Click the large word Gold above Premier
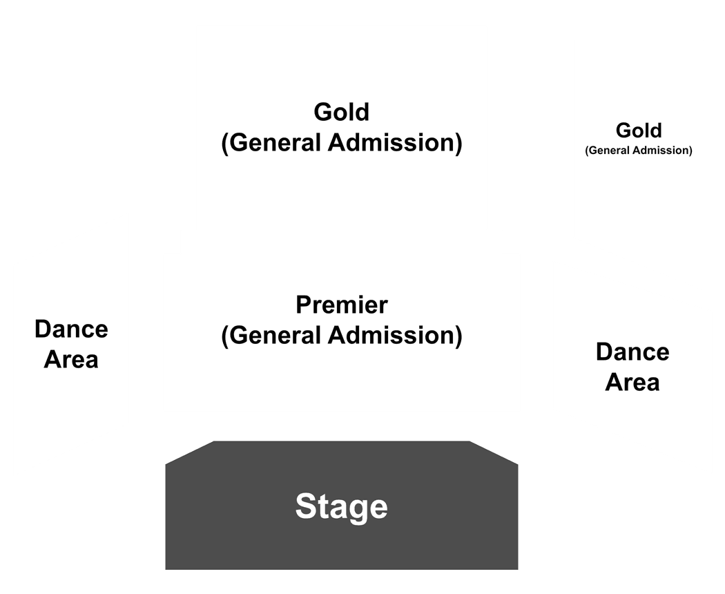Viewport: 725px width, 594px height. point(342,112)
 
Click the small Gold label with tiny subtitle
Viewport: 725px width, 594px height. point(639,131)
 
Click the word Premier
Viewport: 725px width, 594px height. point(342,305)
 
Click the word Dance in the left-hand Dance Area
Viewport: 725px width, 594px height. point(71,329)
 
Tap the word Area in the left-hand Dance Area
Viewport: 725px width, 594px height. point(71,359)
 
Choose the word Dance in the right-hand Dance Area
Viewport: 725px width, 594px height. point(632,352)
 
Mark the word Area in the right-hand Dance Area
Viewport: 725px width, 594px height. point(632,383)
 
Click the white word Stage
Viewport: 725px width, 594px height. point(342,506)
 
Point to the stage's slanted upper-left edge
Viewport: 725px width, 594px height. point(190,452)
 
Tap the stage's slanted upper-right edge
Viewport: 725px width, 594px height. point(494,452)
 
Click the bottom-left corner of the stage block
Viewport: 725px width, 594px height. point(166,570)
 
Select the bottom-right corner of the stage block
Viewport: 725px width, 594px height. point(518,570)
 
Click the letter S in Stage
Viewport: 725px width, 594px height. point(306,506)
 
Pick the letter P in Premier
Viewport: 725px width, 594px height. point(304,305)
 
